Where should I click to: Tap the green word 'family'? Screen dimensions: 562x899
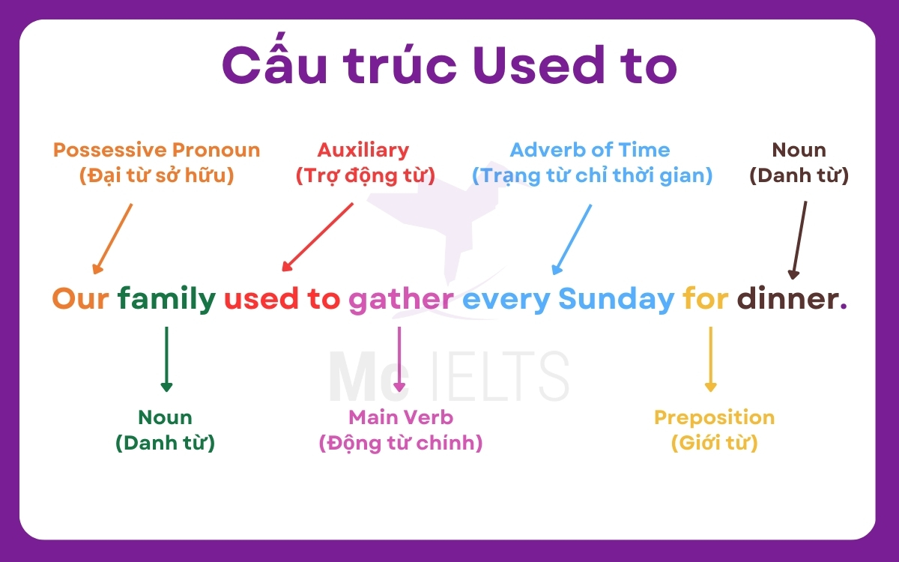(166, 300)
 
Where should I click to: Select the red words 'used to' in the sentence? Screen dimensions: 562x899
(282, 300)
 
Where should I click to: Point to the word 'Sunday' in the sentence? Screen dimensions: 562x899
(616, 300)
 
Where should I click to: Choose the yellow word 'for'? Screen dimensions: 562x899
(705, 300)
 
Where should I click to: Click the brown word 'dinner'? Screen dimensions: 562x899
(787, 300)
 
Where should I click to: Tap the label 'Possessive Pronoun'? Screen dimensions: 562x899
(157, 150)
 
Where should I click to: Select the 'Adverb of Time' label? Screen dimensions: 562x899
(590, 150)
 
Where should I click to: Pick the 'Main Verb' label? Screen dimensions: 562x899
(401, 417)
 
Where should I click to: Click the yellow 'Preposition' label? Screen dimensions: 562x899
(714, 417)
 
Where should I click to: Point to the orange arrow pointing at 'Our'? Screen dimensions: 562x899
(112, 238)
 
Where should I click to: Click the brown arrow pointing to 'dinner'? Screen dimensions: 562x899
(799, 240)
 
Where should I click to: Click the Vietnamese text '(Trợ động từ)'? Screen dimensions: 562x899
(365, 175)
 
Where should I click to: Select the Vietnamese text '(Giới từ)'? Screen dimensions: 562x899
(714, 443)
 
